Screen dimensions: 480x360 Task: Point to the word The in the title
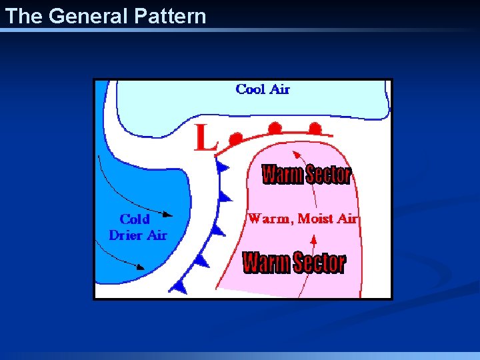tap(23, 16)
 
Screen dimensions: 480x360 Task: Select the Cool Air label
tap(263, 89)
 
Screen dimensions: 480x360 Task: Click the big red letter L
tap(205, 139)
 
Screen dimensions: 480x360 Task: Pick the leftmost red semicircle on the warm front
tap(235, 139)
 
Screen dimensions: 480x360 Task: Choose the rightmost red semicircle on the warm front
tap(315, 128)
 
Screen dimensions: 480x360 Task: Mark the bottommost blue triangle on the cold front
tap(179, 286)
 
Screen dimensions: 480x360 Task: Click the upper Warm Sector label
tap(306, 175)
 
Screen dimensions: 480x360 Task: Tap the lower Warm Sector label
tap(294, 262)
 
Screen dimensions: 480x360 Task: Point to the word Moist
tap(317, 219)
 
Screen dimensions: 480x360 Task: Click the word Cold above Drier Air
tap(135, 219)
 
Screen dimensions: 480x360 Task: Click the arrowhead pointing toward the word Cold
tap(168, 215)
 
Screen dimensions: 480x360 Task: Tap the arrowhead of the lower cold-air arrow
tap(141, 267)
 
